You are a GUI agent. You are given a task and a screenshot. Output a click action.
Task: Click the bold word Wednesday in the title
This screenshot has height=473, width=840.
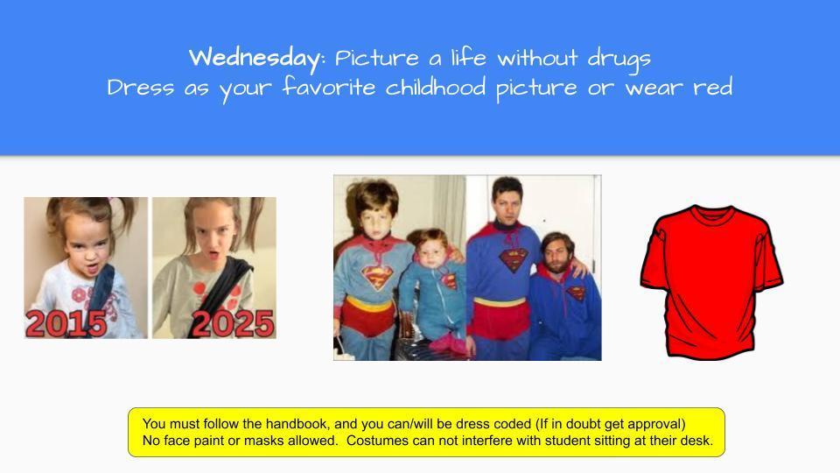[x=254, y=59]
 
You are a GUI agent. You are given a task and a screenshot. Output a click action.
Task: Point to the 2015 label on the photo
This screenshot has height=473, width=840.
[x=66, y=323]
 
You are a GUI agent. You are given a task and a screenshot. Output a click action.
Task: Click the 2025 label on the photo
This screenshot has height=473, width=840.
[x=232, y=323]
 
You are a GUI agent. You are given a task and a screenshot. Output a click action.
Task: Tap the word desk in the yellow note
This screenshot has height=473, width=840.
[x=697, y=441]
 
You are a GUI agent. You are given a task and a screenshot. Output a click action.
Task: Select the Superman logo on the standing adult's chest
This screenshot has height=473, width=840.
[x=511, y=259]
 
